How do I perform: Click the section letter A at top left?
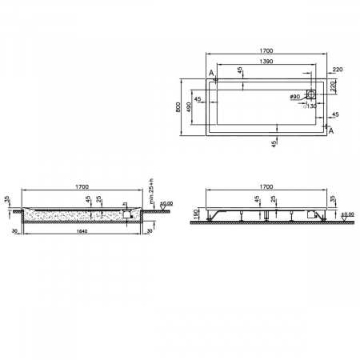tap(210, 74)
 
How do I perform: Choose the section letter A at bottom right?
tap(330, 130)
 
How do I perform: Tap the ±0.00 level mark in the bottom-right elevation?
tap(347, 214)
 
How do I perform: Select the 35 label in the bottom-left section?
tap(7, 199)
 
